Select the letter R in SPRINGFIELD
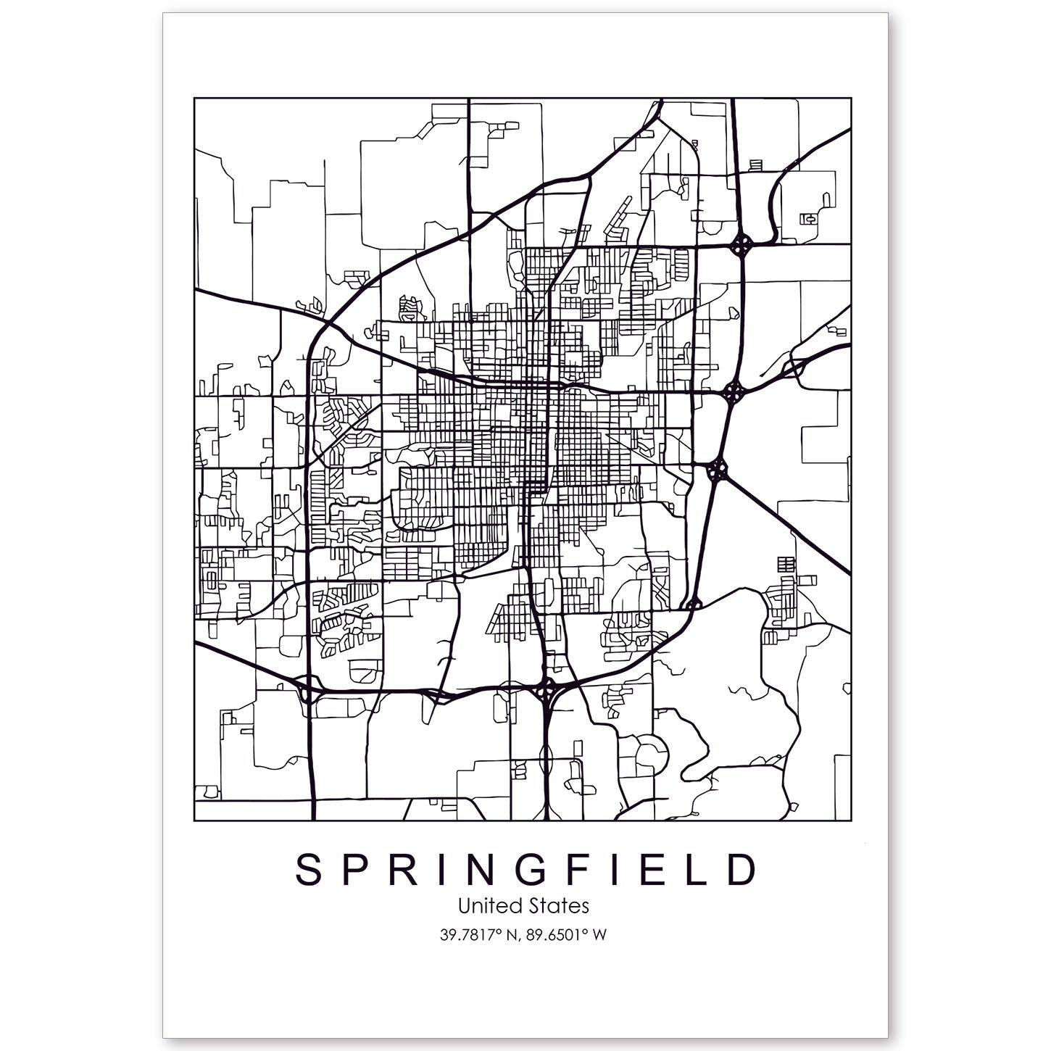click(401, 871)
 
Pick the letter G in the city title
click(533, 871)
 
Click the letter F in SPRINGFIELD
click(578, 871)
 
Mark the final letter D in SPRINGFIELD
click(741, 871)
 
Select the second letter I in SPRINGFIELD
click(615, 871)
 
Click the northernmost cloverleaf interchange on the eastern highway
click(741, 246)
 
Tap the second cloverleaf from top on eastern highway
click(734, 394)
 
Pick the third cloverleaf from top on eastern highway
click(718, 471)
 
